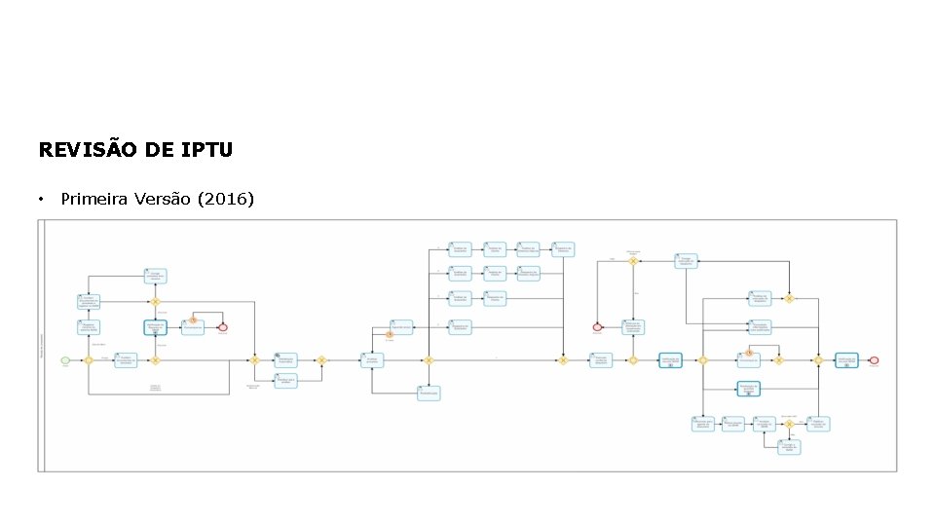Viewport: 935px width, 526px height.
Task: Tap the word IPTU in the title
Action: coord(206,150)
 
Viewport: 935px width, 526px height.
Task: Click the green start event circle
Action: coord(65,359)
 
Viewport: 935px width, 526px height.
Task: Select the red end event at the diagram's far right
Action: coord(874,359)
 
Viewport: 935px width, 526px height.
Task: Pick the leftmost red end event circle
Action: coord(223,327)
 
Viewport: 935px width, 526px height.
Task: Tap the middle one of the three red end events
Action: coord(597,327)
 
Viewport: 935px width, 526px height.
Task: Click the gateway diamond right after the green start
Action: coord(88,359)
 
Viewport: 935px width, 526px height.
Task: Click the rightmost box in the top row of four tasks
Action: coord(562,248)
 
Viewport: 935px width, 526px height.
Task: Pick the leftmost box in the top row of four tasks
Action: coord(460,248)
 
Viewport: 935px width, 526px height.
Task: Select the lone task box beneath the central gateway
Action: coord(429,393)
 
